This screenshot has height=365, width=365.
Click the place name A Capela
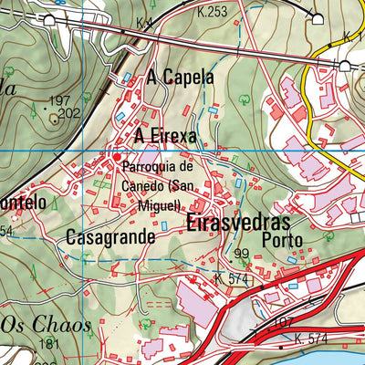tap(180, 78)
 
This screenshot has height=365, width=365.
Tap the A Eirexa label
tap(164, 136)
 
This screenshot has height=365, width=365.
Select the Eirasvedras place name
tap(238, 224)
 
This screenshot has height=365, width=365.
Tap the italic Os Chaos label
tap(46, 326)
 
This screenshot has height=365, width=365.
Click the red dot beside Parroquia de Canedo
tap(117, 157)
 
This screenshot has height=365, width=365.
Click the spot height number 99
tap(241, 254)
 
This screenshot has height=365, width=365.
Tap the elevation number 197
tap(60, 100)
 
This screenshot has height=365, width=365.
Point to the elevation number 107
tap(283, 322)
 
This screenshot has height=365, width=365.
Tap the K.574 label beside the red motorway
tap(311, 340)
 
